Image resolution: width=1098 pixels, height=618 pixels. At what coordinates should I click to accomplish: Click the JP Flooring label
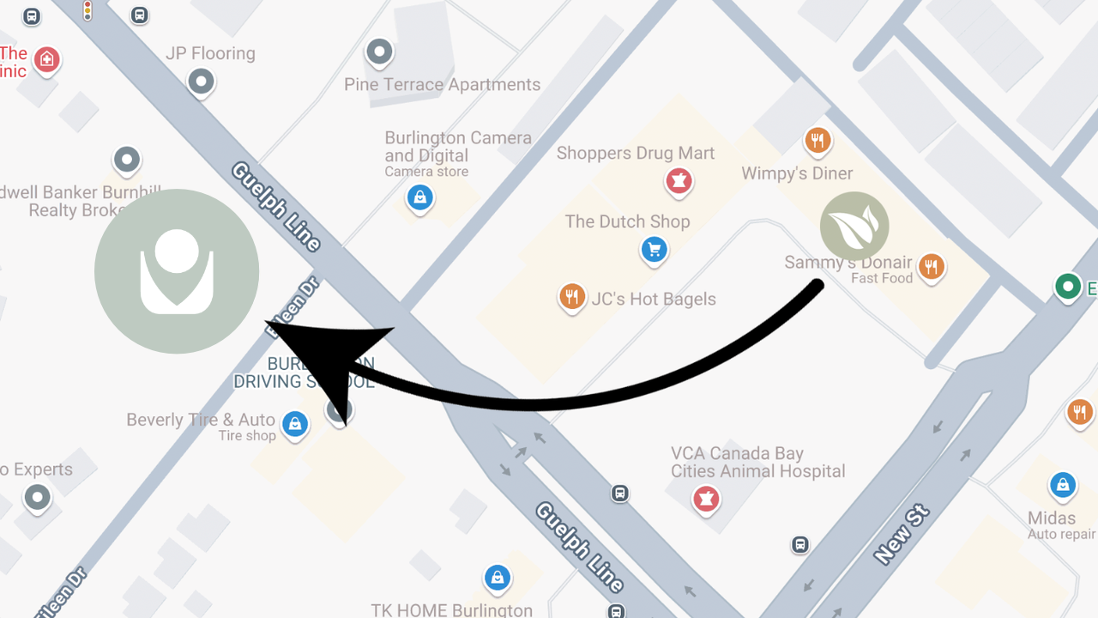point(210,53)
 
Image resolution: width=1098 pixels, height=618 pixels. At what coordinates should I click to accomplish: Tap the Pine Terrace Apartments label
point(442,84)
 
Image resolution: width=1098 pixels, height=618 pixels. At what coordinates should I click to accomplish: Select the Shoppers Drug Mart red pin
point(679,181)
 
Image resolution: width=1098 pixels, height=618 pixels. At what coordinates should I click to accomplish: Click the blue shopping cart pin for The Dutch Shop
point(655,250)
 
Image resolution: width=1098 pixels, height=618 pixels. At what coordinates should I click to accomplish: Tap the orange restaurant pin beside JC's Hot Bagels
point(571,297)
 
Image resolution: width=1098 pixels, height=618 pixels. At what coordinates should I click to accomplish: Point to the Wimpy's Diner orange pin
point(817,140)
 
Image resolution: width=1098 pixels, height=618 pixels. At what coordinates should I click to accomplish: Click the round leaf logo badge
point(854,227)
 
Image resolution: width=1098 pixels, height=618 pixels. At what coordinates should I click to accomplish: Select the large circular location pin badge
point(177,271)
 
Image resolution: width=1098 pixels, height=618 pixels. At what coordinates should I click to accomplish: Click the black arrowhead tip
point(268,324)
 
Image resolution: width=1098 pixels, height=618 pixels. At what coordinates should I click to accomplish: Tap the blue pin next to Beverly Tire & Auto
point(295,424)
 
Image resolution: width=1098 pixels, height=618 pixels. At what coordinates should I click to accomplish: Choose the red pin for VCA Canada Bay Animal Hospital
point(706,498)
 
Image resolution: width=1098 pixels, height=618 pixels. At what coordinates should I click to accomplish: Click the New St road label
point(902,534)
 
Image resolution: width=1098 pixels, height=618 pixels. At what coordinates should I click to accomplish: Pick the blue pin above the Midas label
point(1063,485)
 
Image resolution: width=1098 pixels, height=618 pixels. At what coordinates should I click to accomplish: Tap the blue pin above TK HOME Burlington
point(498,578)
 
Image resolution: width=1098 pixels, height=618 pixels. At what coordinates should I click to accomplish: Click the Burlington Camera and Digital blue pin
point(419,197)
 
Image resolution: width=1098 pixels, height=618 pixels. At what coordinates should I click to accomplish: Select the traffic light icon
point(87,10)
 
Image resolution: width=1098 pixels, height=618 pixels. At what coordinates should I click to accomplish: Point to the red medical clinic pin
point(47,60)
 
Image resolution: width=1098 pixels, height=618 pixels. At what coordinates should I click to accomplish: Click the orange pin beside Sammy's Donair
point(931,267)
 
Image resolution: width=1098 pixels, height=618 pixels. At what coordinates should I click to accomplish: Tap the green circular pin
point(1068,286)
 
